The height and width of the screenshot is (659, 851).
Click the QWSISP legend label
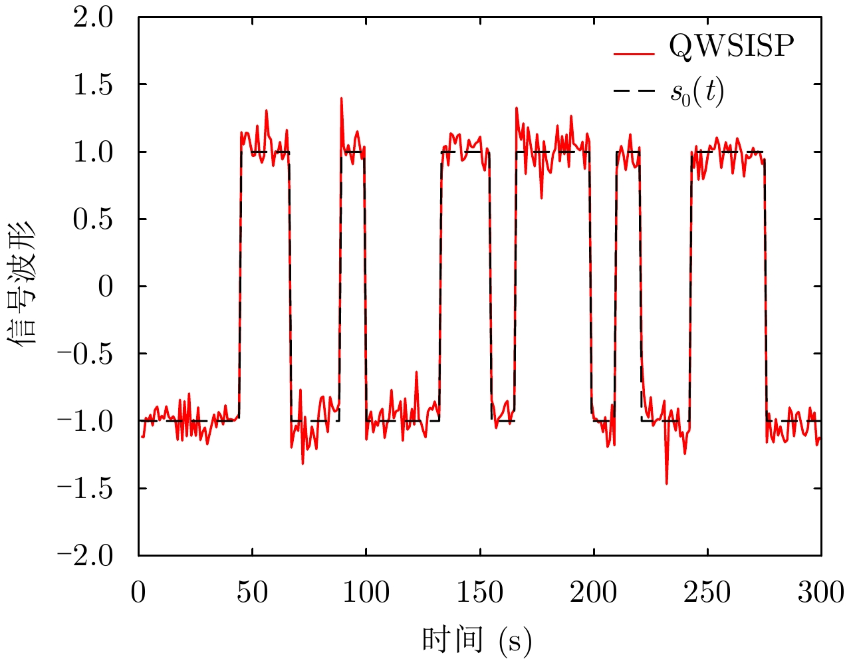pos(731,46)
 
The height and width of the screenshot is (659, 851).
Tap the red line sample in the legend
pos(634,53)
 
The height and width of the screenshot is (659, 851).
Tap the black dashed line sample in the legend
pos(634,93)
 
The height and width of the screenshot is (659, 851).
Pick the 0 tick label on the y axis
pos(105,287)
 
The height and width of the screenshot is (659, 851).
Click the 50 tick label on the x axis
pos(252,593)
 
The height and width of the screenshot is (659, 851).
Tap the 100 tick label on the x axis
pos(366,593)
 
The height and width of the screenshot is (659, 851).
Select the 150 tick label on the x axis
pos(479,593)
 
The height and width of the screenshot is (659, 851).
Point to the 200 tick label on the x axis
pos(593,593)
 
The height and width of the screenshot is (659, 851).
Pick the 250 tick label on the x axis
pos(707,593)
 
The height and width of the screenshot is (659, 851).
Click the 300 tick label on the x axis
pos(820,593)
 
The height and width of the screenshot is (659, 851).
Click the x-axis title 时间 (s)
pos(477,640)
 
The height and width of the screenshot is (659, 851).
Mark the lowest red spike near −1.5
pos(666,483)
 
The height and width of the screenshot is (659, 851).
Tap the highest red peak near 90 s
pos(341,98)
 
